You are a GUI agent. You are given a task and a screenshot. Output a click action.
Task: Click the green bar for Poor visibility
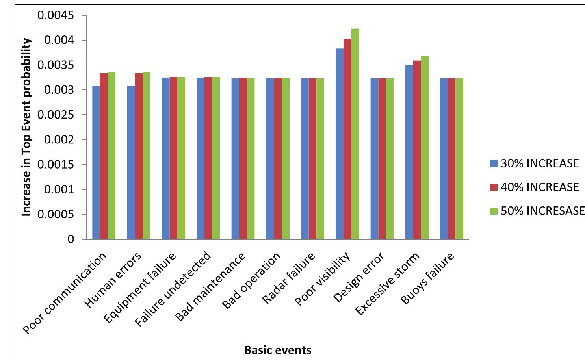(x=355, y=134)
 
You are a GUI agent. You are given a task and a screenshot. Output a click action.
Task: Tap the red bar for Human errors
(x=139, y=156)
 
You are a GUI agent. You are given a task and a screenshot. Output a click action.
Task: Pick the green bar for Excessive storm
(x=425, y=148)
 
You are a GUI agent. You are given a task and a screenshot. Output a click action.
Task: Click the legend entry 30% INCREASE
(x=535, y=163)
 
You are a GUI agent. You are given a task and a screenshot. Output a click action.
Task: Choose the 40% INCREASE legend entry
(x=535, y=187)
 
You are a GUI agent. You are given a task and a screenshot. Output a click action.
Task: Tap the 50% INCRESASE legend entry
(x=537, y=211)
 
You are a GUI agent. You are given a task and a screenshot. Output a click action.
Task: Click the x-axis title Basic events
(x=278, y=349)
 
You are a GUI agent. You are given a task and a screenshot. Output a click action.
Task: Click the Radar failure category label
(x=289, y=278)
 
